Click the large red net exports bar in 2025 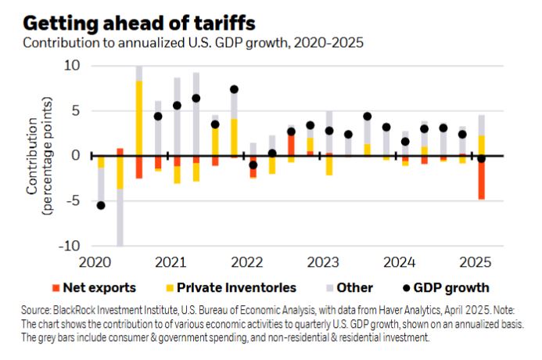(x=482, y=178)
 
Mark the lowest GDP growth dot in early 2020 (x=101, y=205)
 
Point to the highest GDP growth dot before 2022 (x=234, y=89)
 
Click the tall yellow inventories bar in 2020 (x=139, y=117)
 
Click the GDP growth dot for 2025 (x=482, y=158)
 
